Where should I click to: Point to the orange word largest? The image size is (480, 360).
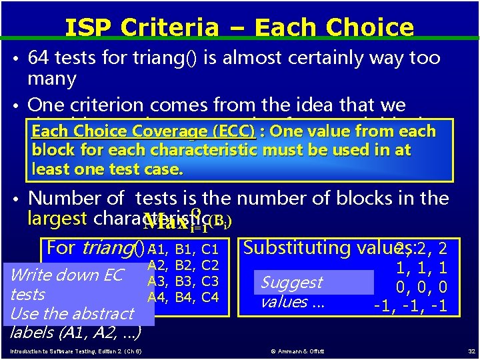[x=57, y=219]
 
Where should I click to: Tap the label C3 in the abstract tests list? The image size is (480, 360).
[x=210, y=281]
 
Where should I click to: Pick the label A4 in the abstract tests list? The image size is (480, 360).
[x=157, y=297]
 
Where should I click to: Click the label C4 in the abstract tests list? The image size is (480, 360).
[x=210, y=297]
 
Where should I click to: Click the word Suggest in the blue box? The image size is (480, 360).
[x=291, y=283]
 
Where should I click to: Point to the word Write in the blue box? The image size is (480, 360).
[x=29, y=275]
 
